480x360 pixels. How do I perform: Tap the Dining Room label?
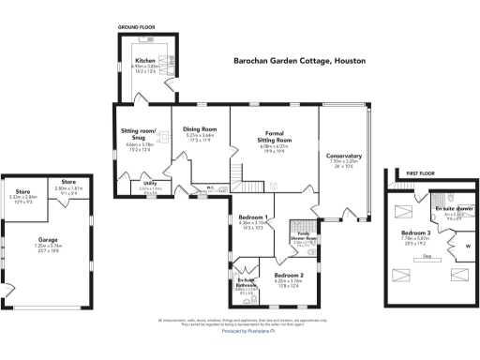click(200, 128)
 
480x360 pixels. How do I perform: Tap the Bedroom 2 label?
click(288, 274)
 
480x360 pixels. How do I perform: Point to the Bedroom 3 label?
click(416, 232)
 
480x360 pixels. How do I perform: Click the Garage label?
click(47, 239)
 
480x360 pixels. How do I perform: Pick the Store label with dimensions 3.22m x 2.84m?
click(22, 192)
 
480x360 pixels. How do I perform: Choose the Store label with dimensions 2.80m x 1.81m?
click(68, 181)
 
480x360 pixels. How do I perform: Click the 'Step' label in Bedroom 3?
click(427, 255)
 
